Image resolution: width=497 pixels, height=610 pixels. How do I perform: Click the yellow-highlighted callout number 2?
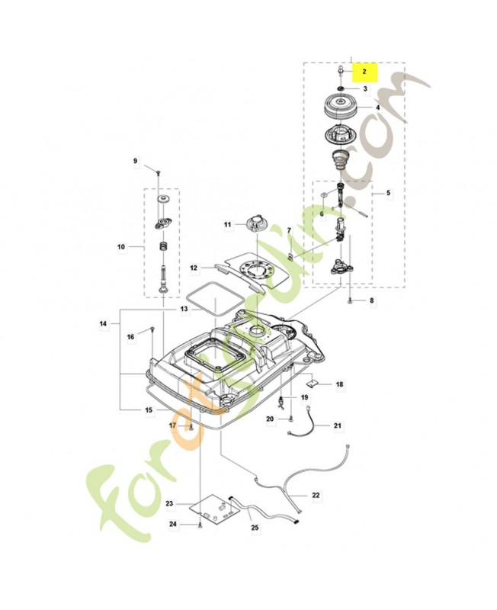364,72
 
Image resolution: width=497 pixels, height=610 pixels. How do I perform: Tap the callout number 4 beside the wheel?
377,107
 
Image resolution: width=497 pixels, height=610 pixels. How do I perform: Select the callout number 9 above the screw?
136,161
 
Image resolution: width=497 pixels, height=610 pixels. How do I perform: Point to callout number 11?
227,224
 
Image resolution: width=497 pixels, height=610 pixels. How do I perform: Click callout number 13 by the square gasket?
184,309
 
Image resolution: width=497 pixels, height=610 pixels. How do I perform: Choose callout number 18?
339,384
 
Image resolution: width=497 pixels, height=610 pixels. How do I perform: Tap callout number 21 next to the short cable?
338,425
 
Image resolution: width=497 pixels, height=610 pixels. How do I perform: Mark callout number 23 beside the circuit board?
169,504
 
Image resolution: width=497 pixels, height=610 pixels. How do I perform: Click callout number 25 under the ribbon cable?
255,528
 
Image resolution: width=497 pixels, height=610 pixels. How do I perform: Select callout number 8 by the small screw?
372,300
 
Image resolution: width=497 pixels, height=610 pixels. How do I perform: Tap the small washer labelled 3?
341,88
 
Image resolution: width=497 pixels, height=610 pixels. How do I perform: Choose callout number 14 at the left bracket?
103,323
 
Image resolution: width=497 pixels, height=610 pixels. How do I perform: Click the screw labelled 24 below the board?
200,525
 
